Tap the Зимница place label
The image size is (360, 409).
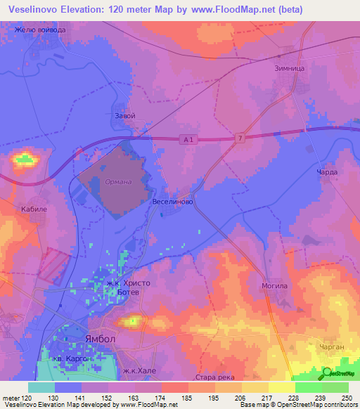[x=289, y=70]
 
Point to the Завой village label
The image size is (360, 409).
[x=124, y=116]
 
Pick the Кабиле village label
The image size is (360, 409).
[x=34, y=209]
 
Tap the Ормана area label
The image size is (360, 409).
[x=117, y=183]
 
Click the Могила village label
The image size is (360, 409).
[x=275, y=287]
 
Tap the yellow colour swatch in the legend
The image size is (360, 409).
[x=282, y=387]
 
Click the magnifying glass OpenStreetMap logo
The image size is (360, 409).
[x=328, y=372]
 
